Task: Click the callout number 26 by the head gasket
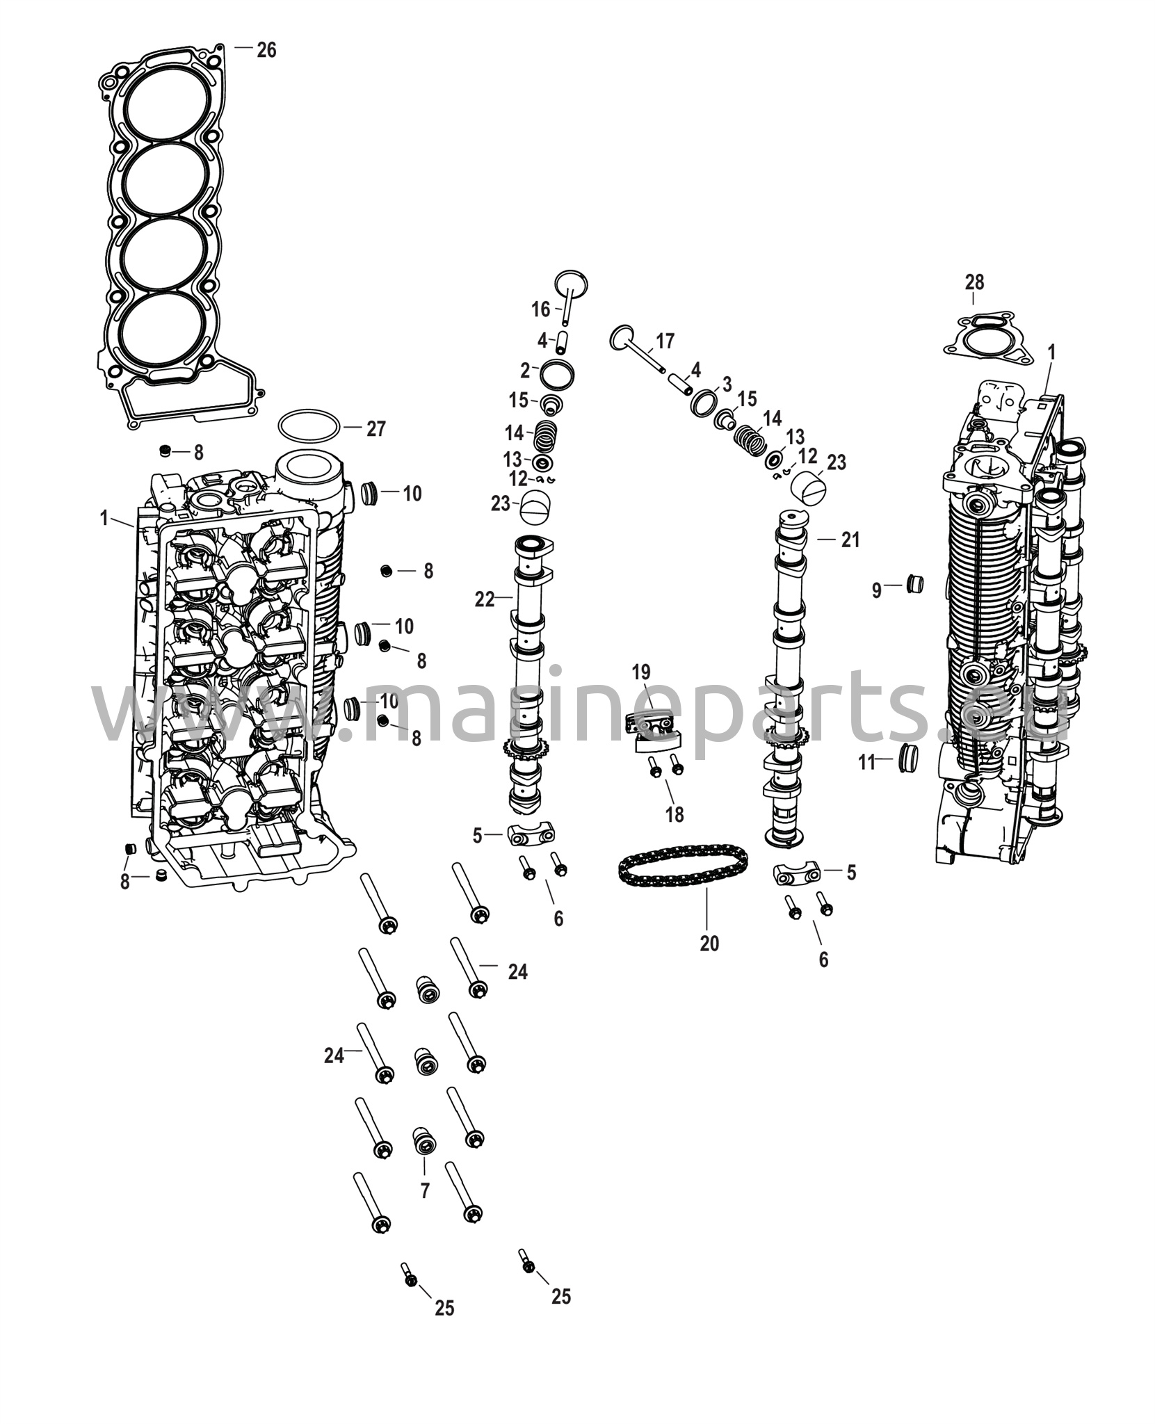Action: (x=266, y=50)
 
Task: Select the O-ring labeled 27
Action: (x=309, y=426)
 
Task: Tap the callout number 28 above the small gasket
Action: (x=974, y=282)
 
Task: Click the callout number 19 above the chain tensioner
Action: (x=641, y=672)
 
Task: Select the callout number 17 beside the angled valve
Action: (x=665, y=341)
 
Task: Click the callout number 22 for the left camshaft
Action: (x=484, y=599)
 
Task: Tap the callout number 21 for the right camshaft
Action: (x=850, y=540)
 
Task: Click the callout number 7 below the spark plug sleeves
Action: (x=424, y=1190)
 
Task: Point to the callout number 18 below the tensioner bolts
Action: (x=675, y=814)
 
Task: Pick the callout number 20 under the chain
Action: (x=709, y=944)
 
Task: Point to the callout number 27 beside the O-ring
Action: (x=375, y=429)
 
